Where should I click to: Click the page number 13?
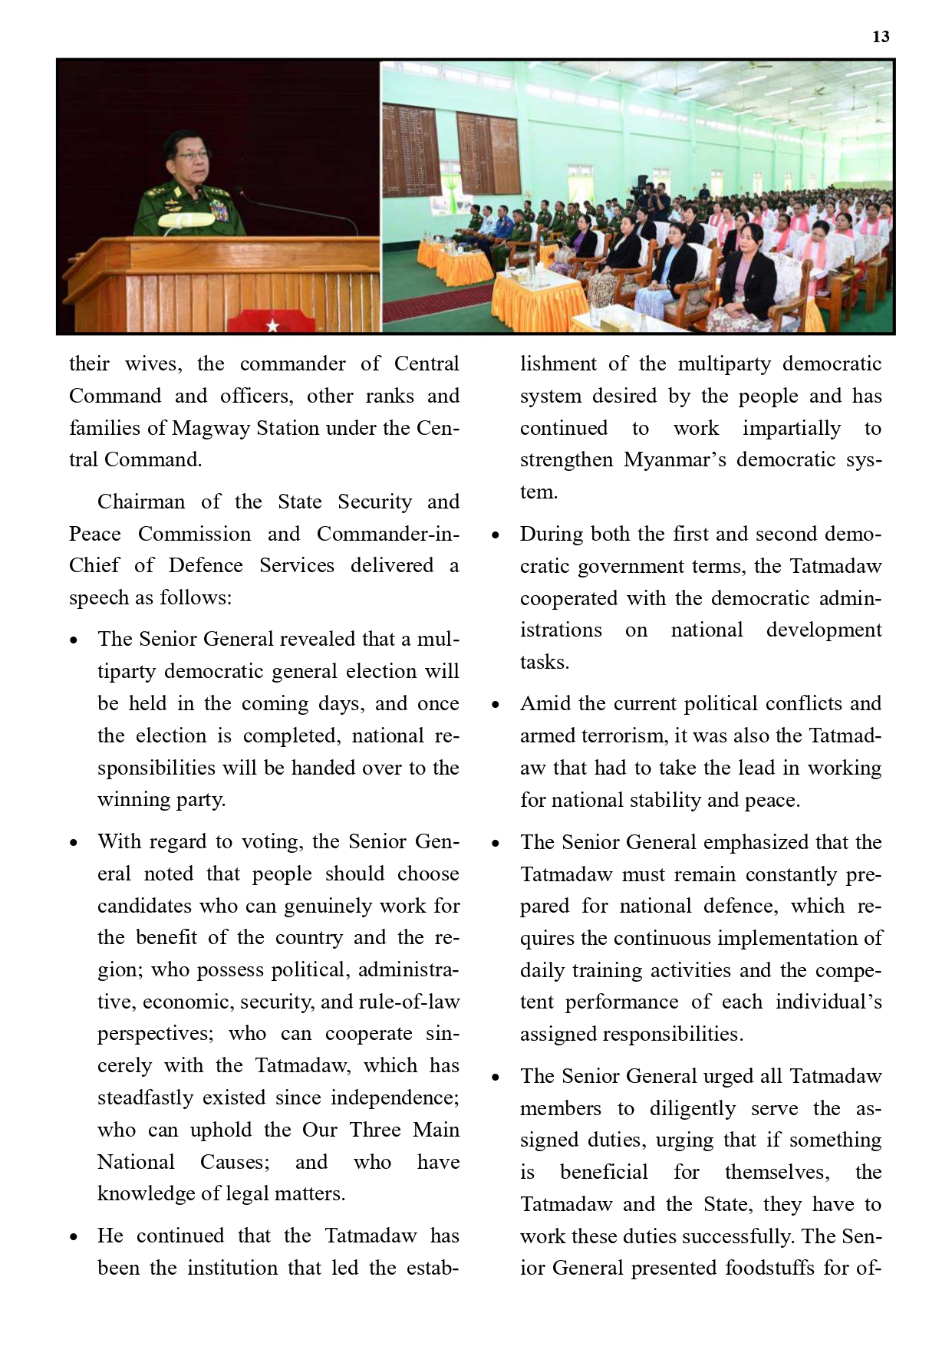[x=881, y=37]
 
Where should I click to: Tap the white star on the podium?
[x=272, y=326]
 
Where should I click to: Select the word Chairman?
[x=141, y=502]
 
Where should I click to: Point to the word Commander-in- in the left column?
[x=387, y=534]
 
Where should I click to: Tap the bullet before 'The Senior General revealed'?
[x=74, y=640]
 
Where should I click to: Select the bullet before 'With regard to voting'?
[x=74, y=843]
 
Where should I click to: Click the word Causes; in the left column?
[x=235, y=1162]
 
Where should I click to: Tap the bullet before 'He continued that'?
[x=74, y=1237]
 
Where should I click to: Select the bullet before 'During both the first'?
[x=496, y=535]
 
